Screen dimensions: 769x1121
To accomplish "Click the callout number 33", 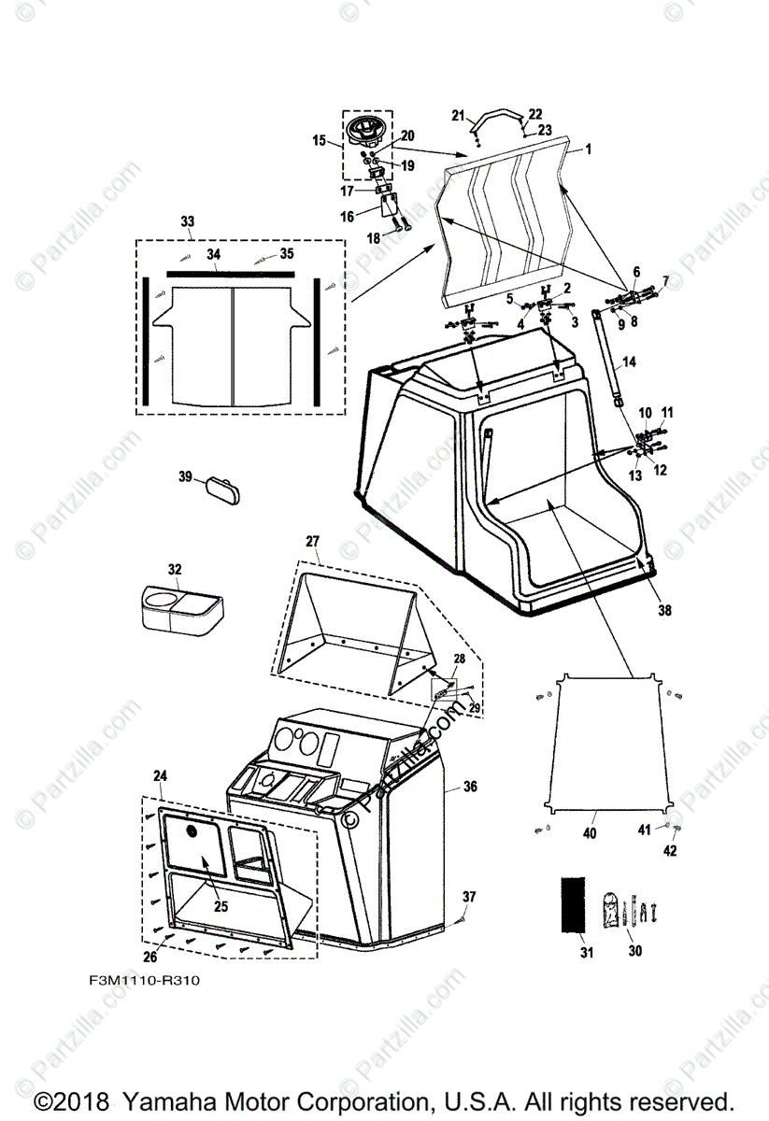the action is click(188, 221).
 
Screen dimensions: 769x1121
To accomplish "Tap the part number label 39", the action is click(185, 476).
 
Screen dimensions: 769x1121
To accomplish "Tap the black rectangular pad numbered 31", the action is click(573, 903).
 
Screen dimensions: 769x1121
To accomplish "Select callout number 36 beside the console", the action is click(470, 788).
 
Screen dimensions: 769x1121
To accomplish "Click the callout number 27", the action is click(312, 541).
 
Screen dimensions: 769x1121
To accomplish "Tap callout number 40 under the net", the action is click(589, 832).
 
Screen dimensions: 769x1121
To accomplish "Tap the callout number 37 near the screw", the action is click(469, 897).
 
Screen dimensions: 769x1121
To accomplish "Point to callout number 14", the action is click(629, 362).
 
